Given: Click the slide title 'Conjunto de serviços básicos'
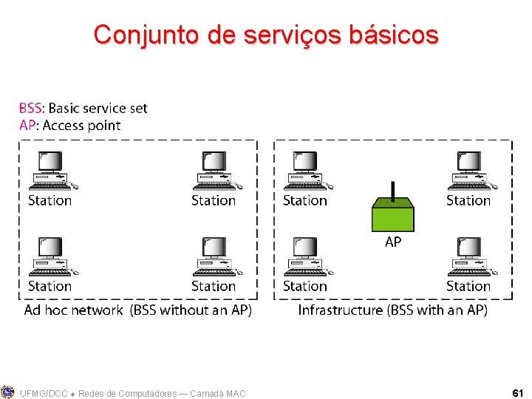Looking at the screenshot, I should pos(266,34).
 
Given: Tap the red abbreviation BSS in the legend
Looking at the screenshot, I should pos(30,109).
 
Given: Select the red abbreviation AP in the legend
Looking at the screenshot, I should pos(27,126).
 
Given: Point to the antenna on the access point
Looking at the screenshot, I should pos(392,191).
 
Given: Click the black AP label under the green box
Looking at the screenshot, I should pos(393,242).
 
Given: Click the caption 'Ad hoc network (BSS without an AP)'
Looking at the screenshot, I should pos(138,310).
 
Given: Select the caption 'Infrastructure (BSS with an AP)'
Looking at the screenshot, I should pos(392,310).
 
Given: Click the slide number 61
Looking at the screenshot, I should pos(517,393).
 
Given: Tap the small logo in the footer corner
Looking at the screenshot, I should pos(7,392).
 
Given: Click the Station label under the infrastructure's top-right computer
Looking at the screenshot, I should pos(468,200).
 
